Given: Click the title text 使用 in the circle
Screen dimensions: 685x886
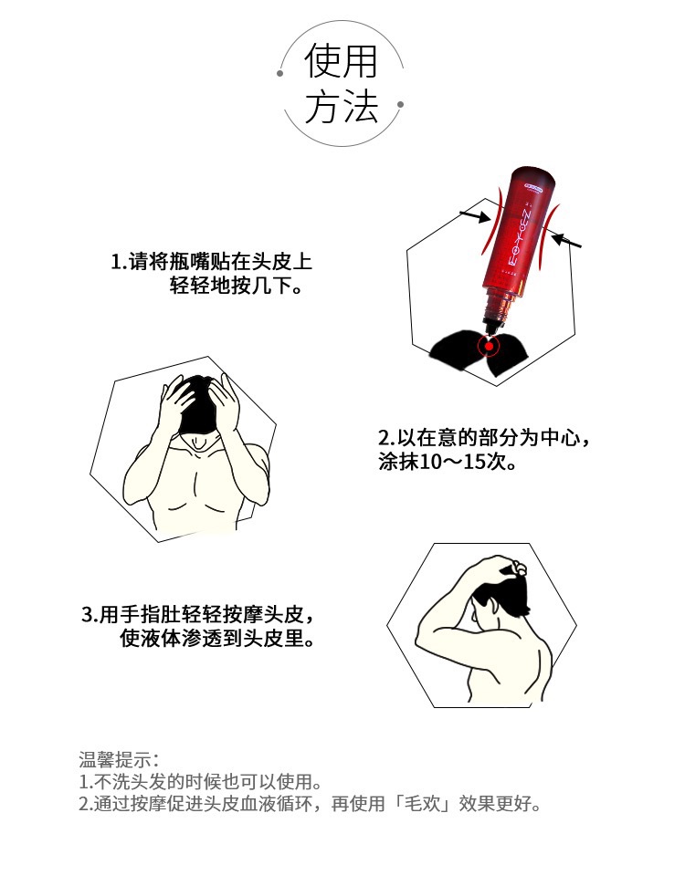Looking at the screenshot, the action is pyautogui.click(x=341, y=60).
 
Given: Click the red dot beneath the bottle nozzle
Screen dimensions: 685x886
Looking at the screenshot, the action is pyautogui.click(x=489, y=346).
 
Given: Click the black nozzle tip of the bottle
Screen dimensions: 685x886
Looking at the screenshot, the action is pyautogui.click(x=489, y=328).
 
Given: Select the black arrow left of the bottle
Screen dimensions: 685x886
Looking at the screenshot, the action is pyautogui.click(x=475, y=216).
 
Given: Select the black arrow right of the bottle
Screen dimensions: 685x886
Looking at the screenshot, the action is pyautogui.click(x=566, y=241).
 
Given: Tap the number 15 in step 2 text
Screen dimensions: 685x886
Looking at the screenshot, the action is pyautogui.click(x=474, y=462).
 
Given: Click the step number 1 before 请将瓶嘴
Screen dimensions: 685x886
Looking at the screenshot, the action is pyautogui.click(x=117, y=262).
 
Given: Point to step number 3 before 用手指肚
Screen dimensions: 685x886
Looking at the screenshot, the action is pyautogui.click(x=87, y=615).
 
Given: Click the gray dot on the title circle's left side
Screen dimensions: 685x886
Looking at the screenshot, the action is pyautogui.click(x=279, y=74).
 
